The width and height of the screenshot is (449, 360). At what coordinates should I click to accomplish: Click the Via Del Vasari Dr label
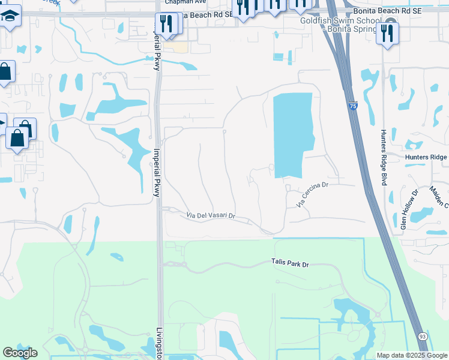point(210,215)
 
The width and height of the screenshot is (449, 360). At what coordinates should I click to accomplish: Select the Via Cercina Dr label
point(313,195)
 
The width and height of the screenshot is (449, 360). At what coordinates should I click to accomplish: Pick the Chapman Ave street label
point(185,2)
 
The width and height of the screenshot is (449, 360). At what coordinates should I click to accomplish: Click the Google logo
point(20,353)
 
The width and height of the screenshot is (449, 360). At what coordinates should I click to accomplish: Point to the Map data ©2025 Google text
point(411,355)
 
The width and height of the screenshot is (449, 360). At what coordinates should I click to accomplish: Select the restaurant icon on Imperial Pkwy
point(167,24)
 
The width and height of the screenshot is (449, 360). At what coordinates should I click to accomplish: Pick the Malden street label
point(439,197)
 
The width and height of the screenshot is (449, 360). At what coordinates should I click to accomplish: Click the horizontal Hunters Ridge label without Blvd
point(426,157)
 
